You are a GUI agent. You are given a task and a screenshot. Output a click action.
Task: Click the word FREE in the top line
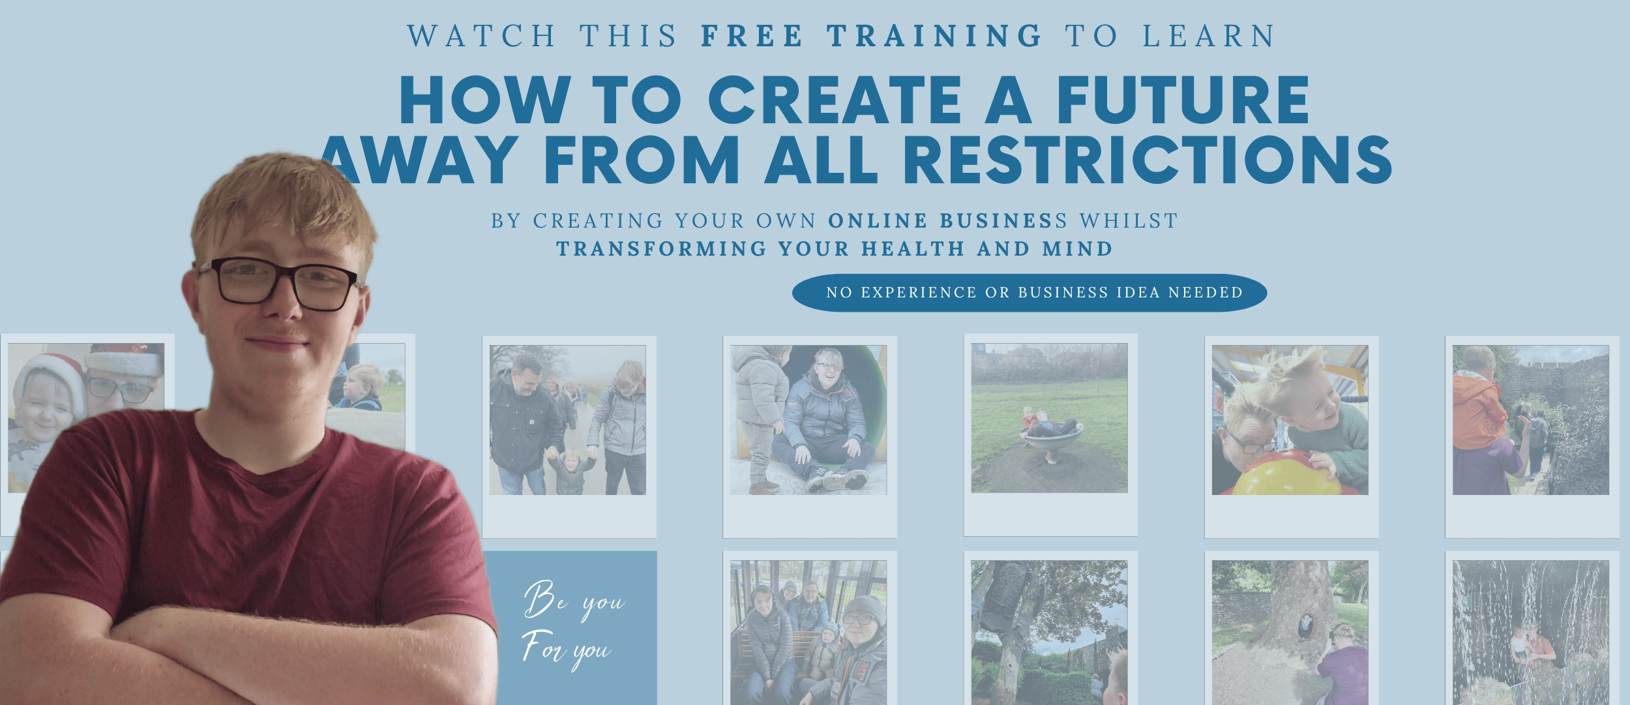pyautogui.click(x=752, y=36)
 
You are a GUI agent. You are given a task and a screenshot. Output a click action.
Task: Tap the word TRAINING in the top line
pyautogui.click(x=935, y=36)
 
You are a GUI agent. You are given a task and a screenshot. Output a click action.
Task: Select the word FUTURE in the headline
pyautogui.click(x=1183, y=100)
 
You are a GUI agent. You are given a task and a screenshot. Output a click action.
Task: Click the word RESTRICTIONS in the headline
pyautogui.click(x=1147, y=160)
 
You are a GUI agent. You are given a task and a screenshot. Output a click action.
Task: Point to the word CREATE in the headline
pyautogui.click(x=835, y=100)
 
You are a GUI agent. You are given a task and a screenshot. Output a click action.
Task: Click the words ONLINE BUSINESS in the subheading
pyautogui.click(x=947, y=221)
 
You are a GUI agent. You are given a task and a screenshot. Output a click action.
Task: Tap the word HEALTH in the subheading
pyautogui.click(x=913, y=249)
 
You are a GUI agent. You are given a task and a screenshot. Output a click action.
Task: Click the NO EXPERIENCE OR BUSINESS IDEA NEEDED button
pyautogui.click(x=1030, y=293)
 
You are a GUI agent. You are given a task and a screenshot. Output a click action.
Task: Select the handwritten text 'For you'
pyautogui.click(x=566, y=648)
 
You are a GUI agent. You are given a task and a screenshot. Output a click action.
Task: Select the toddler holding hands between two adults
pyautogui.click(x=570, y=472)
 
